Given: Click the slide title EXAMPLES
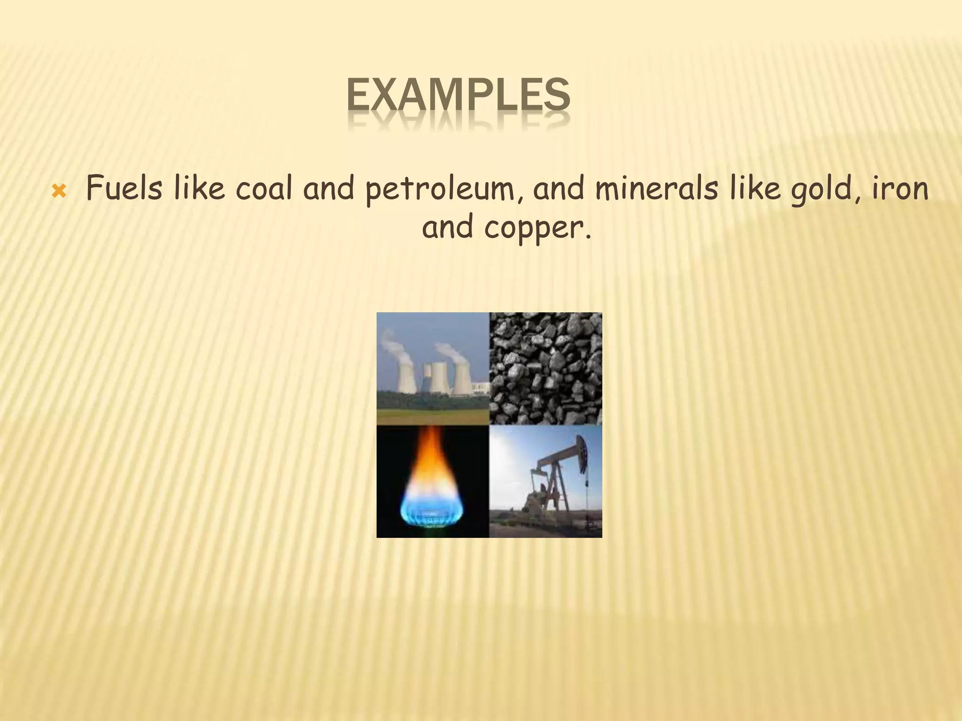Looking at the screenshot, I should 458,96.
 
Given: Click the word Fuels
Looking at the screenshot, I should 124,189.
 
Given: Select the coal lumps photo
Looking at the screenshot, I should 546,368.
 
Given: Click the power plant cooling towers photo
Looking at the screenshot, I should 433,368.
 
